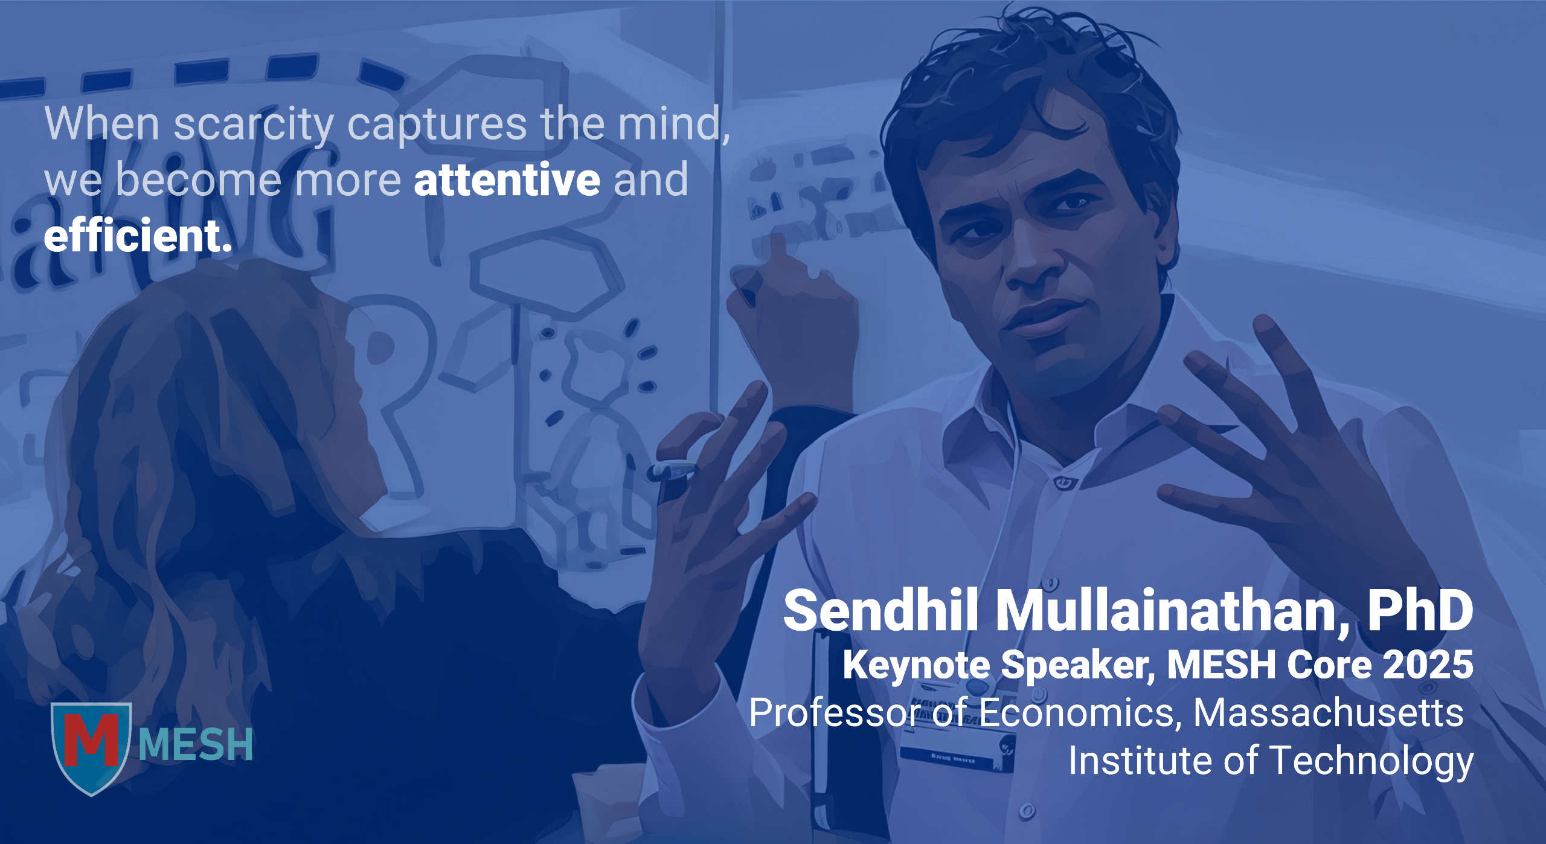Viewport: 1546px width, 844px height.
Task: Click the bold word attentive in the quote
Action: click(507, 179)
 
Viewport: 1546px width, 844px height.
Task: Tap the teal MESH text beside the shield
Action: click(196, 744)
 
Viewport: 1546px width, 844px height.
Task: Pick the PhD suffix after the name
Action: click(1420, 610)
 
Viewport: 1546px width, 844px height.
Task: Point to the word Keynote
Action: click(917, 666)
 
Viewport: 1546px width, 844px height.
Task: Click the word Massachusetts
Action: click(1329, 713)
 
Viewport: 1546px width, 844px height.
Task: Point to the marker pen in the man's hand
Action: click(670, 477)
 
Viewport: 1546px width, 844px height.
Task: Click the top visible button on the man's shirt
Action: click(1065, 483)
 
